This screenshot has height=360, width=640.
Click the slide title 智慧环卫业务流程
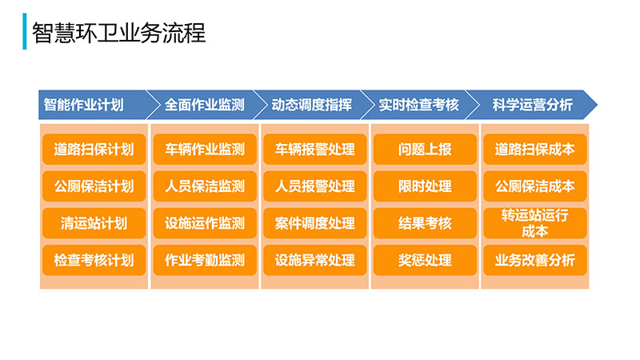point(118,33)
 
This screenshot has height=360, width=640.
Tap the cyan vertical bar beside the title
point(25,31)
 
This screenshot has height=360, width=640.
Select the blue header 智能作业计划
point(92,105)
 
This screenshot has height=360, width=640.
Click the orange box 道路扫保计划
point(94,150)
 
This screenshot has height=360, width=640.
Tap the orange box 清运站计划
point(94,223)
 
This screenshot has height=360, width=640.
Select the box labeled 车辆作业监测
point(205,150)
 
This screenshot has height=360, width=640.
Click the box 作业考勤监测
point(205,260)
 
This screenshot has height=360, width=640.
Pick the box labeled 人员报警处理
point(314,186)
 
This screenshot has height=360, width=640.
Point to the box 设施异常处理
point(314,260)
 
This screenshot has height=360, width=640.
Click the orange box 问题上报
point(425,150)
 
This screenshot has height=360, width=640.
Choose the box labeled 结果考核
point(425,223)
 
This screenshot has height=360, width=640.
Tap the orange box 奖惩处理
point(425,260)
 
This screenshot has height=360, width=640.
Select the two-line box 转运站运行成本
point(535,223)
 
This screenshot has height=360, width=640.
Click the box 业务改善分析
point(535,260)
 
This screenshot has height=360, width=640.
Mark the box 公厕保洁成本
point(535,186)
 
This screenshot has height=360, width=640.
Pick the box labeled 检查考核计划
point(94,260)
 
